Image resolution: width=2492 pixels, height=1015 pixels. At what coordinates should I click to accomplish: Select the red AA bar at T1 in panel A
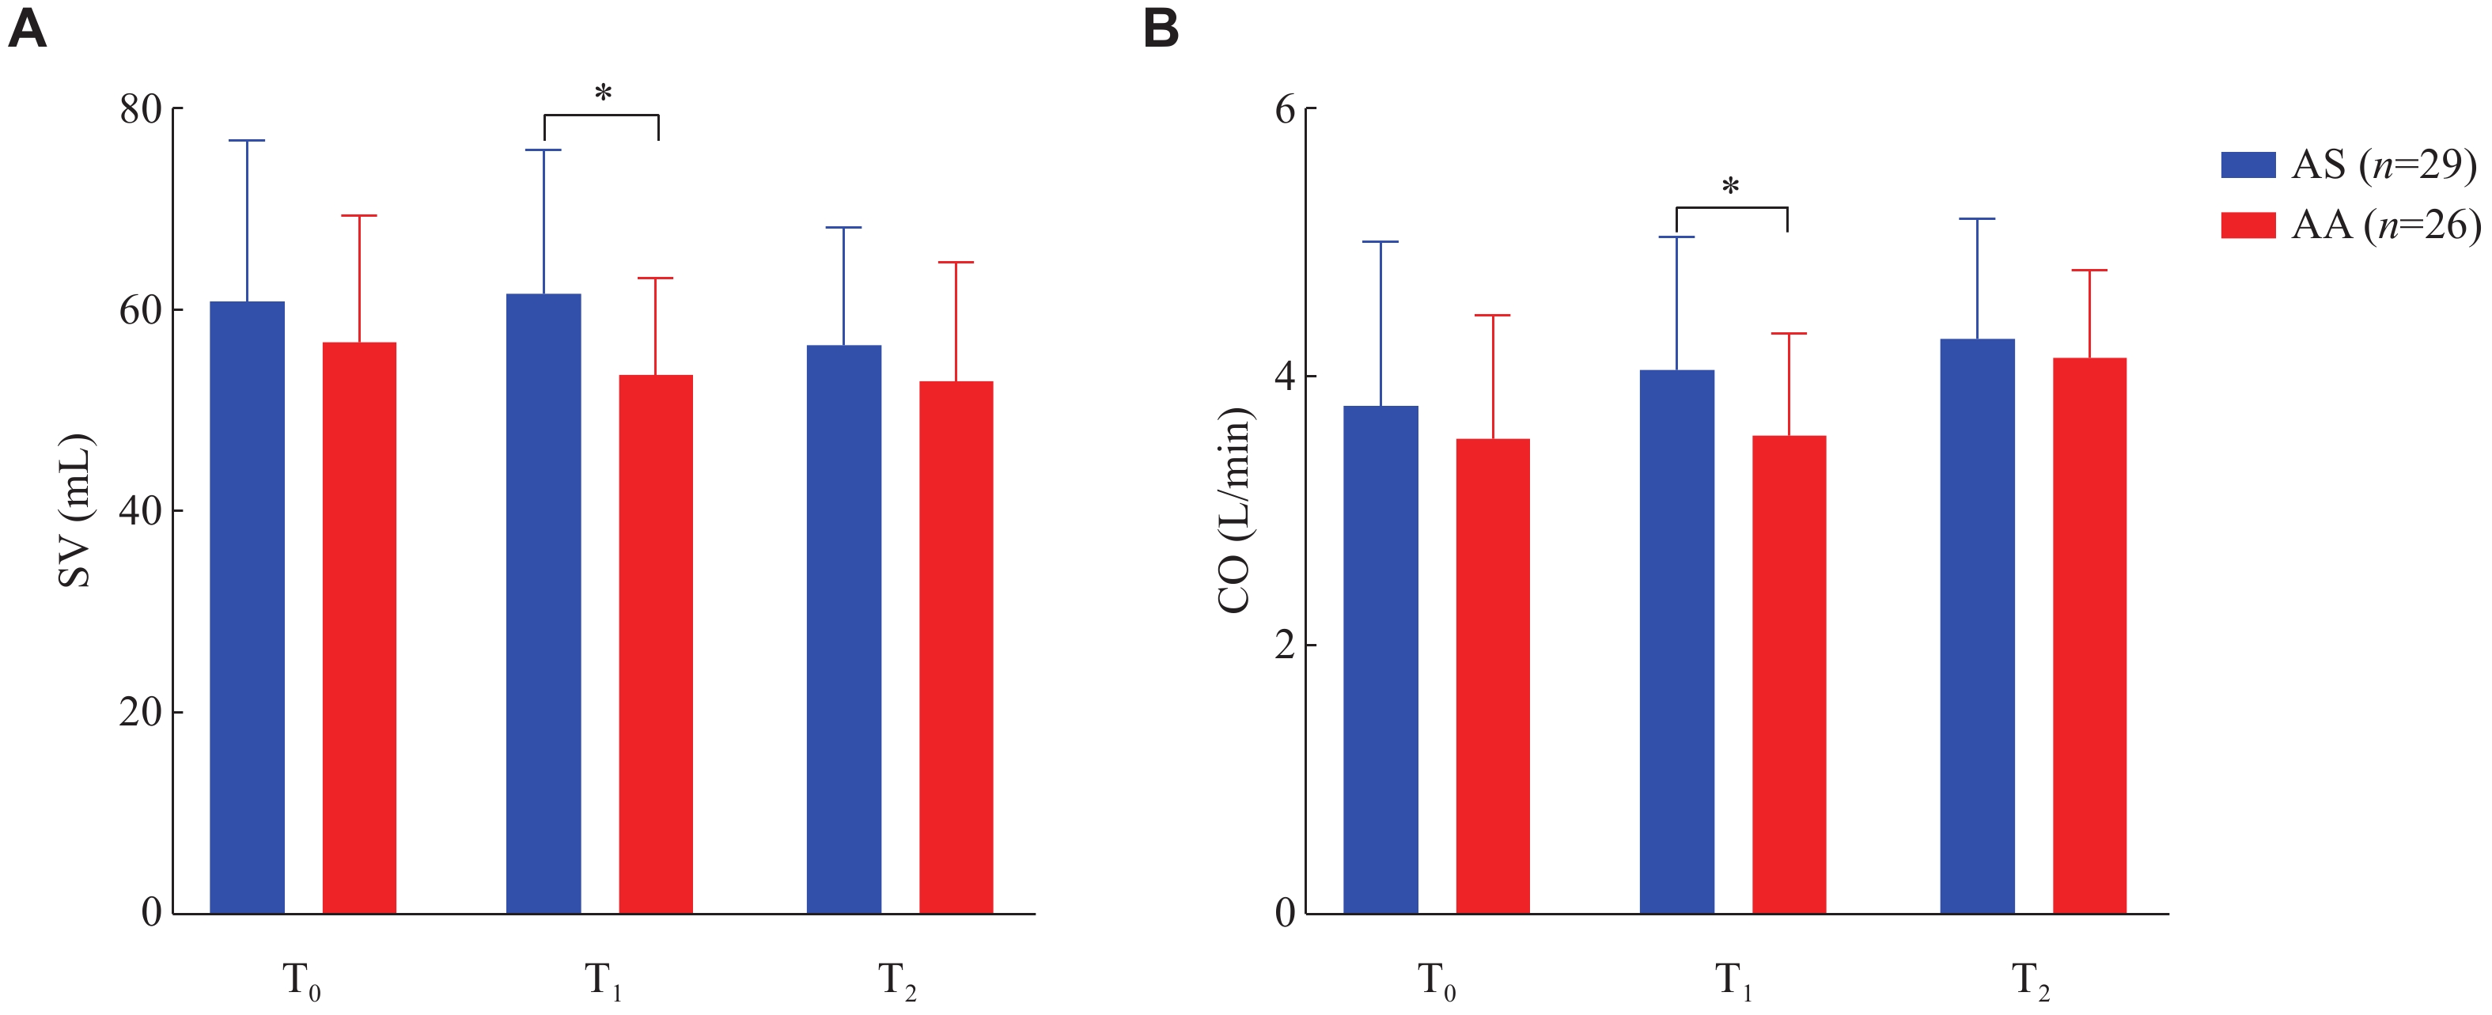pyautogui.click(x=655, y=643)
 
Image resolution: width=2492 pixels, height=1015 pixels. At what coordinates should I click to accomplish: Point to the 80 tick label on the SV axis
pyautogui.click(x=140, y=109)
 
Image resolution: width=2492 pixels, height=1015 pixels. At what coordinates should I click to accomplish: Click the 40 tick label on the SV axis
pyautogui.click(x=140, y=511)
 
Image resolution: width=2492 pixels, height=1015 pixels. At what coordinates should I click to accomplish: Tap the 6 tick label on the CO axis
pyautogui.click(x=1285, y=109)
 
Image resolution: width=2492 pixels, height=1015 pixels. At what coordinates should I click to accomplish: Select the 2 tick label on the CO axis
pyautogui.click(x=1285, y=645)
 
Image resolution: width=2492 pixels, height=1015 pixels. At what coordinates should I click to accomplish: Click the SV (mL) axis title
pyautogui.click(x=74, y=511)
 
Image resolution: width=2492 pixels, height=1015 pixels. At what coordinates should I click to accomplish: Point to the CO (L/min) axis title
pyautogui.click(x=1234, y=511)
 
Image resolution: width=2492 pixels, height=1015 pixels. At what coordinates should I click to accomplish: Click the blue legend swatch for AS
pyautogui.click(x=2248, y=165)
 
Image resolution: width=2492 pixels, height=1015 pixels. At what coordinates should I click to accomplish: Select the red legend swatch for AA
pyautogui.click(x=2248, y=225)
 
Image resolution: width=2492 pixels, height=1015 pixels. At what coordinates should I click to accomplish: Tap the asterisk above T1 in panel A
pyautogui.click(x=603, y=95)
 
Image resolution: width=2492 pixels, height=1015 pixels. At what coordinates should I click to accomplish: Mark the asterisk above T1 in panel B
pyautogui.click(x=1731, y=187)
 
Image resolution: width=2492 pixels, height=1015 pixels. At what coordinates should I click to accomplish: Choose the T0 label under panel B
pyautogui.click(x=1437, y=981)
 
